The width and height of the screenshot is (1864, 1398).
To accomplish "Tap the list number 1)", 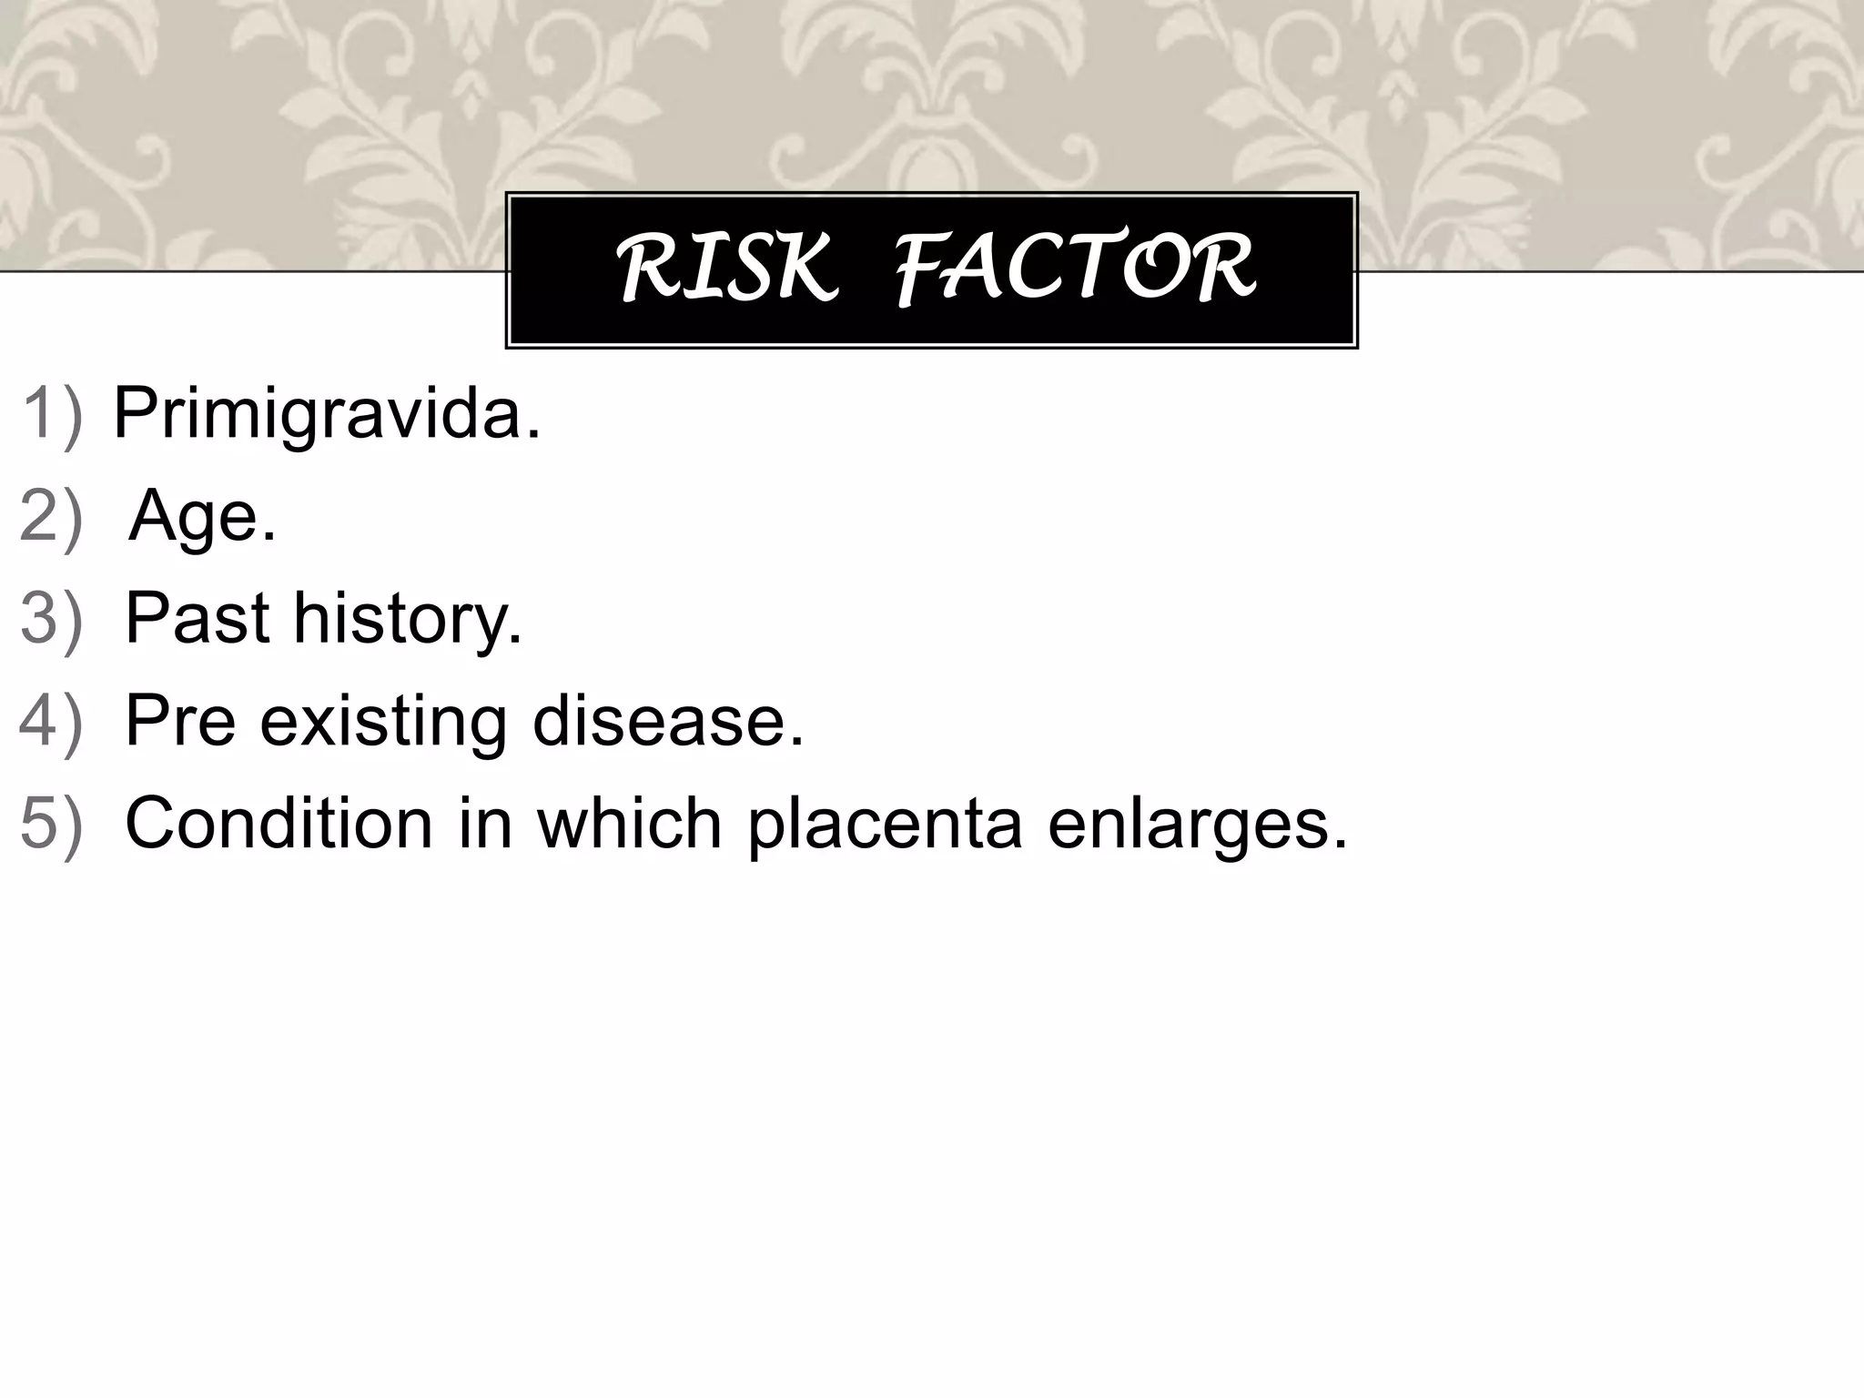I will coord(52,414).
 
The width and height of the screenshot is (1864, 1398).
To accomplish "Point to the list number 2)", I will coord(52,516).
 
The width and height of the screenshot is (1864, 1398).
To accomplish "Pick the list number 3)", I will coord(52,618).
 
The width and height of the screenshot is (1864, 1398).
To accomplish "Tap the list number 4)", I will coord(52,720).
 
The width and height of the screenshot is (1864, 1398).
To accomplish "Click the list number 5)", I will coord(52,822).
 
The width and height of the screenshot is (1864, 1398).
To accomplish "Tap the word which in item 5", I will coord(629,822).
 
